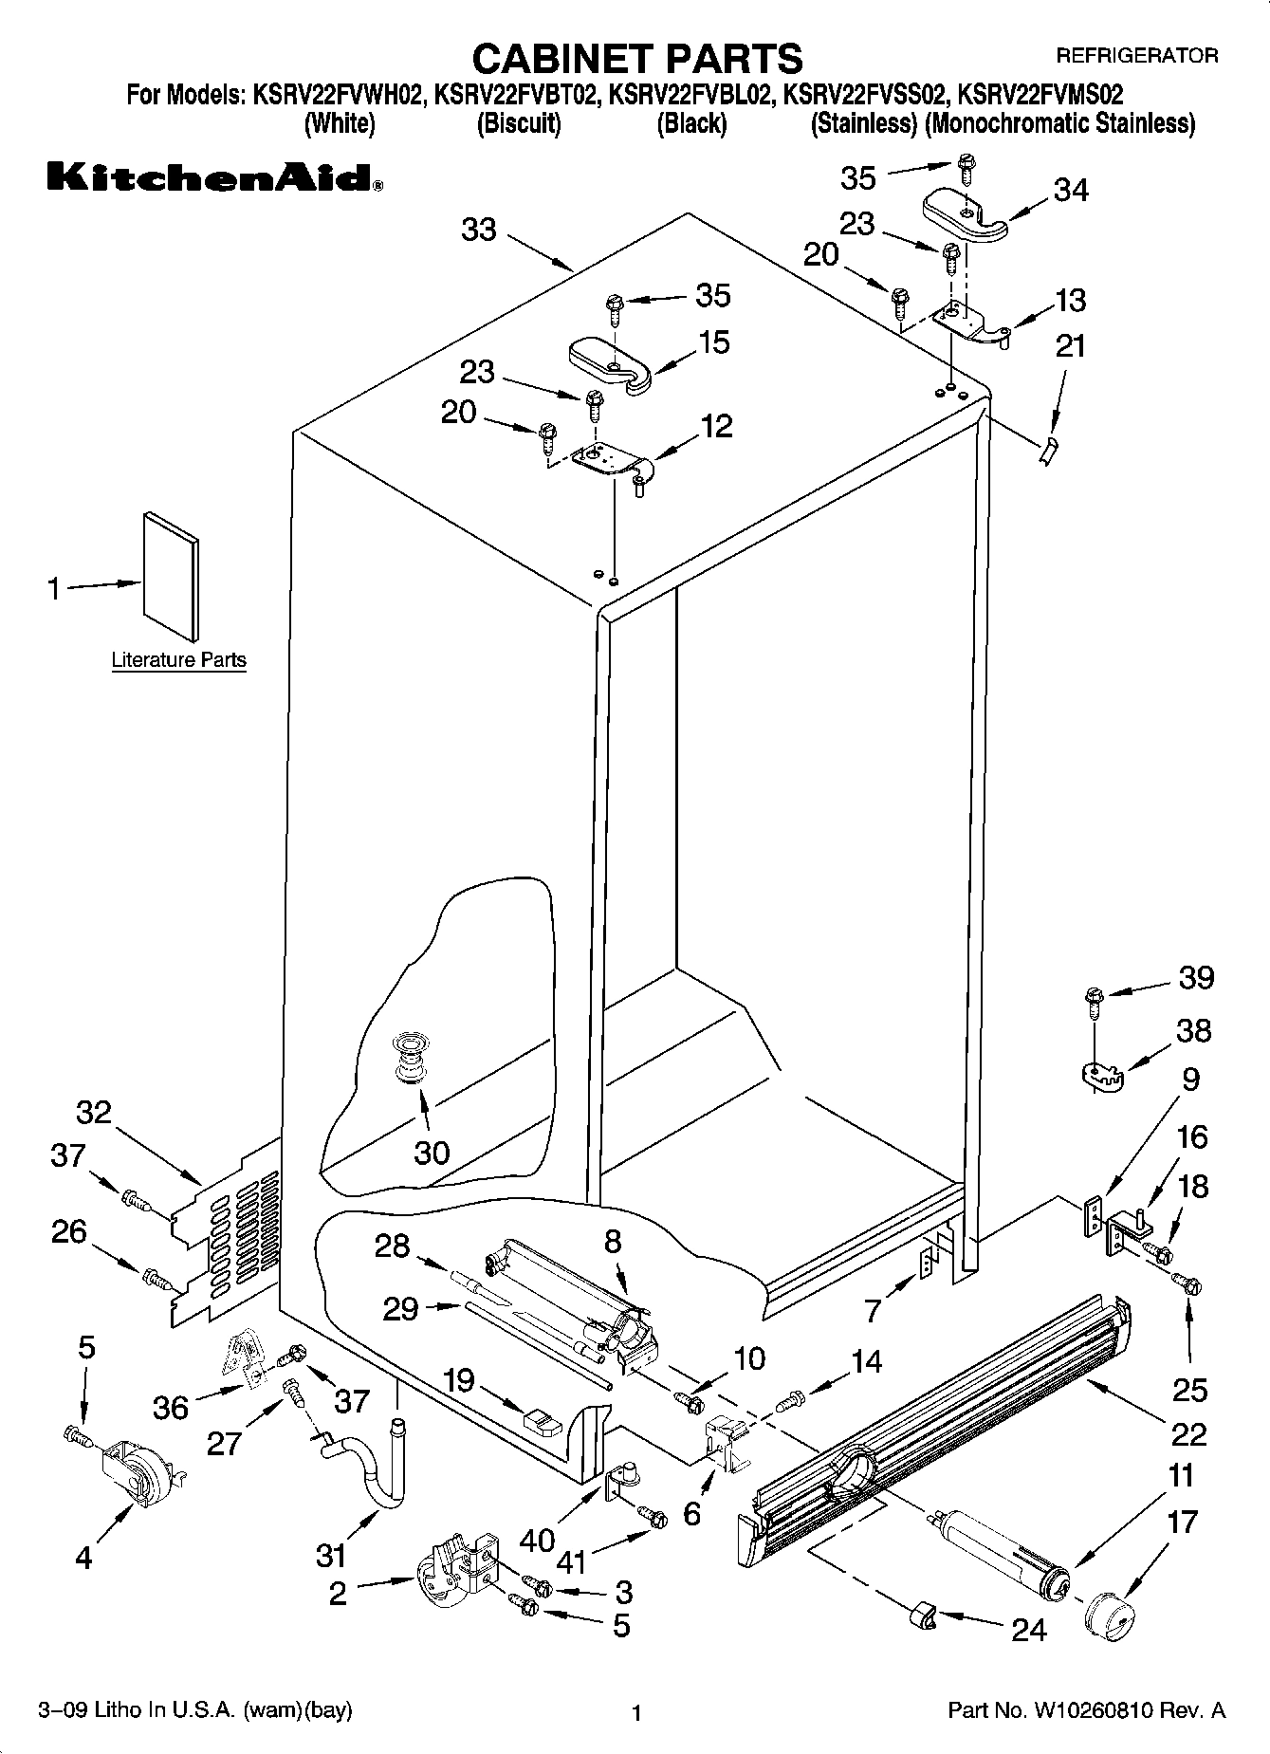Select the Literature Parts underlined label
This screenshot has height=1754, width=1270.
point(178,660)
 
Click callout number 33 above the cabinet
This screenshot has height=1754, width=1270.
point(479,230)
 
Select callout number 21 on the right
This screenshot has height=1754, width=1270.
point(1070,346)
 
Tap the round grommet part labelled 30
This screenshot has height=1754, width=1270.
point(409,1057)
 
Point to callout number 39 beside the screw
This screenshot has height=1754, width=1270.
point(1195,978)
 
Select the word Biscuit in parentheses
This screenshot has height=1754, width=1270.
point(519,123)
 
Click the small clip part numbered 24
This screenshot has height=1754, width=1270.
point(922,1614)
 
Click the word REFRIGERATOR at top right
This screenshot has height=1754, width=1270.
point(1137,55)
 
